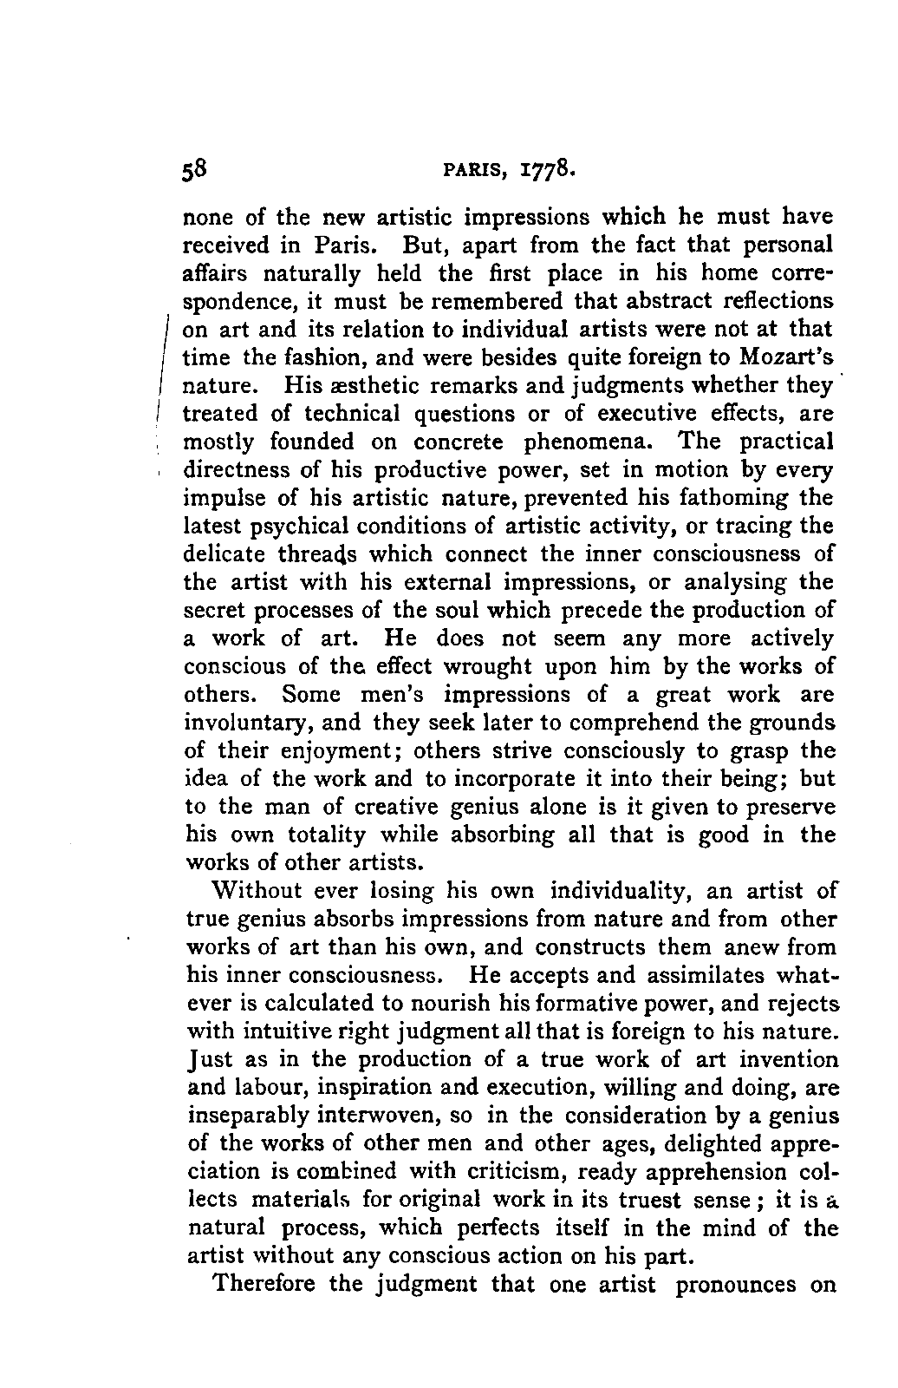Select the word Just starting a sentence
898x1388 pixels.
tap(205, 1060)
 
